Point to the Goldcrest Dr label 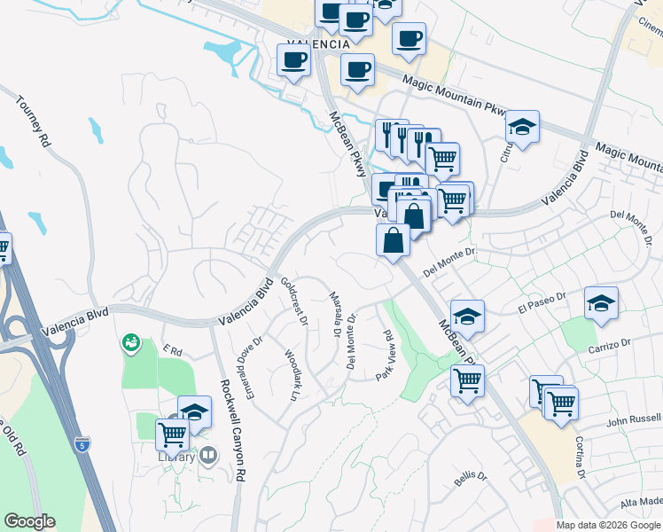pos(294,301)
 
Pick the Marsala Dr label pos(335,316)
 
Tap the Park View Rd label pos(384,356)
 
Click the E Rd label pos(172,352)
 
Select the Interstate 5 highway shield pos(82,441)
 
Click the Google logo pos(29,521)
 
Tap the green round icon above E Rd pos(131,341)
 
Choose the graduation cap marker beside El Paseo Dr pos(600,304)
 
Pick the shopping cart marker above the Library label pos(172,434)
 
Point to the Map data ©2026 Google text pos(608,525)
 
